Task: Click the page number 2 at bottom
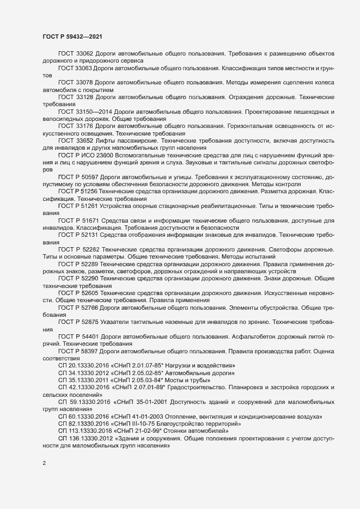44,464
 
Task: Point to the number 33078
85,82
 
